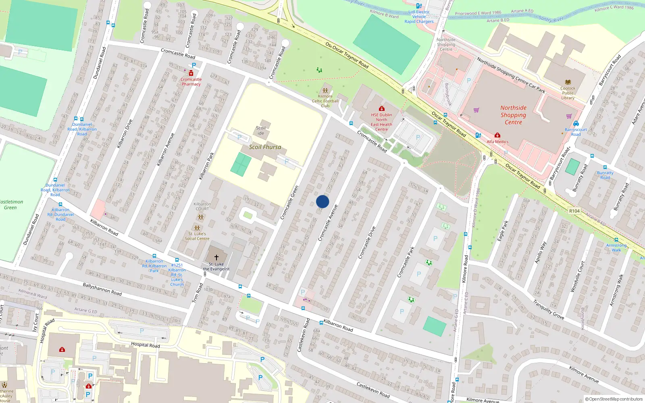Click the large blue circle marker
(x=322, y=201)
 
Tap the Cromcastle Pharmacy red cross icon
(x=191, y=73)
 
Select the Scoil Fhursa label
(x=265, y=147)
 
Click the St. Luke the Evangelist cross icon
(x=216, y=257)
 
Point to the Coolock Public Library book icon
(x=568, y=82)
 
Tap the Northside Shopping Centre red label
(x=513, y=115)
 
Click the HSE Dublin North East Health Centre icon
(x=381, y=108)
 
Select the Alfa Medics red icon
(x=497, y=135)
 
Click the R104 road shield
(x=574, y=211)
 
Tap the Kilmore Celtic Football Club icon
(x=325, y=91)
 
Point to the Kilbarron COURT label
(x=202, y=206)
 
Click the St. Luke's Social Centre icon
(x=197, y=228)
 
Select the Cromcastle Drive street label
(x=367, y=242)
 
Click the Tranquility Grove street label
(x=548, y=310)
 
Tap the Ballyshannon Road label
(x=102, y=289)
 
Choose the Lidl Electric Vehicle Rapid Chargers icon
(x=418, y=6)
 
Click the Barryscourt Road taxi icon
(x=576, y=124)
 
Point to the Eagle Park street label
(x=503, y=231)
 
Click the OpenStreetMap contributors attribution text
(x=614, y=399)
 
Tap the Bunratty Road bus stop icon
(x=605, y=167)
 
